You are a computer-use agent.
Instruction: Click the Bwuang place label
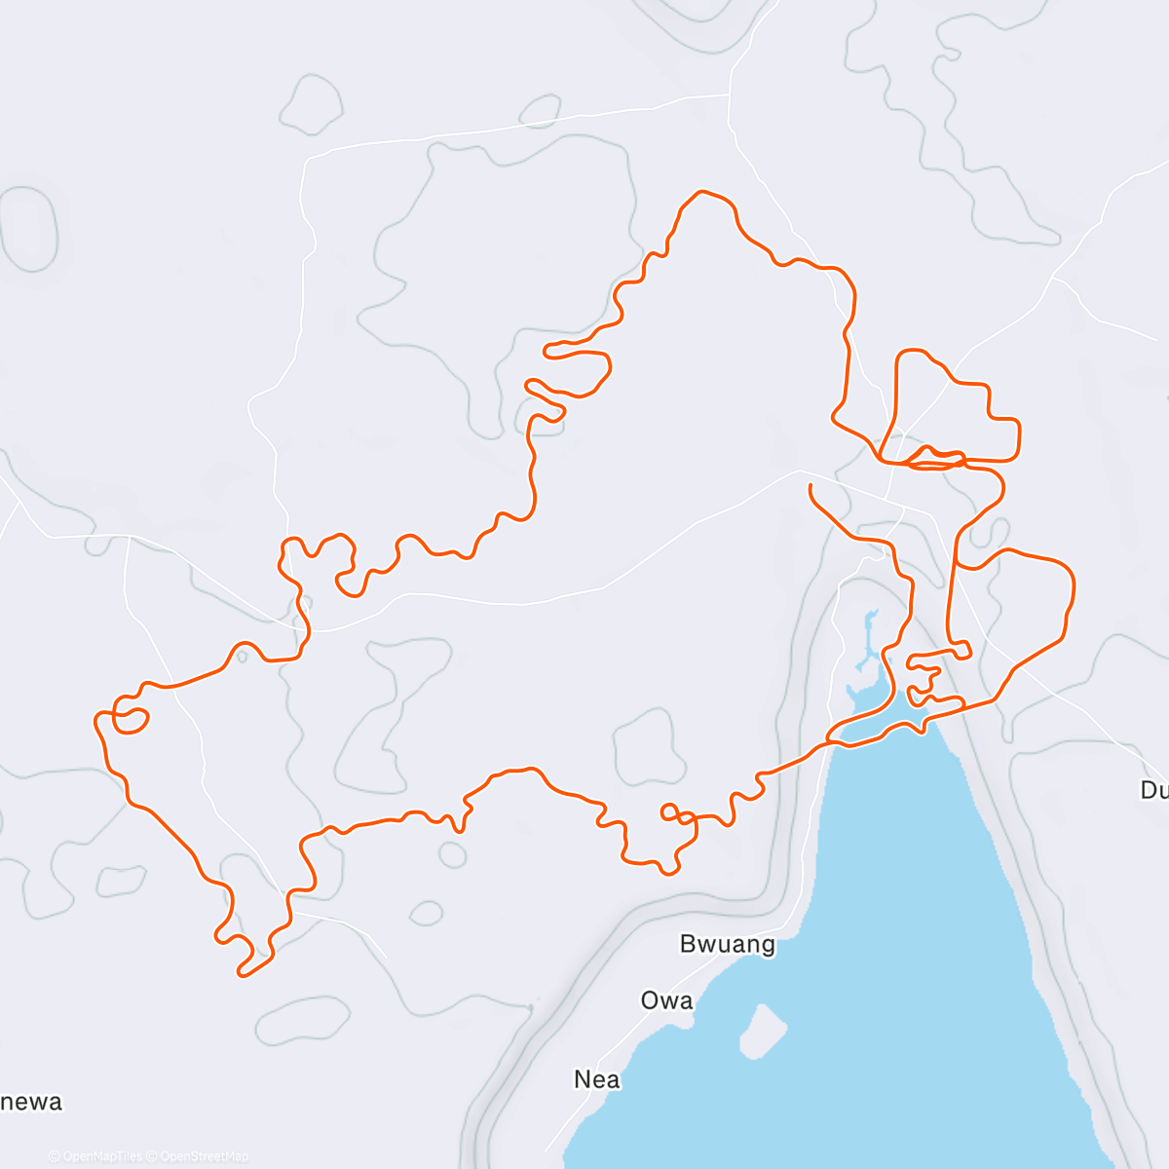728,944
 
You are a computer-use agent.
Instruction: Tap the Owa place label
667,1000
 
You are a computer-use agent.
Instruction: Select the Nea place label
597,1079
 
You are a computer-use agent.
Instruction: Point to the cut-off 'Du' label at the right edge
1154,790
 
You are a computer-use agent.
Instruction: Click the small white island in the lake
763,1031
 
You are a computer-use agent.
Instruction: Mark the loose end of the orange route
811,484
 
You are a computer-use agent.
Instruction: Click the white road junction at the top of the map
729,94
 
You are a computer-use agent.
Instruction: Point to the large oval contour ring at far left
29,229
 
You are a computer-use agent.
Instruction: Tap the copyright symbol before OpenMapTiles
55,1157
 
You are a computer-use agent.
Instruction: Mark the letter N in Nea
583,1079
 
